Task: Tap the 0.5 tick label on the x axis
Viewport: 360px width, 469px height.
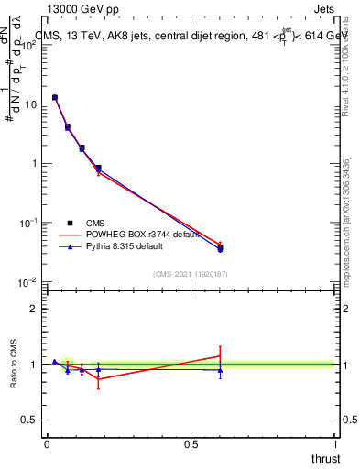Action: pyautogui.click(x=191, y=443)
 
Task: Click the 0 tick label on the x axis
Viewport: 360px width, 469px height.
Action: pyautogui.click(x=47, y=443)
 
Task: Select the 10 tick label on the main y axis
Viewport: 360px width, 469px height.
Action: pyautogui.click(x=29, y=104)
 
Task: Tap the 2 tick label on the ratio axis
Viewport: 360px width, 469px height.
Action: pyautogui.click(x=34, y=309)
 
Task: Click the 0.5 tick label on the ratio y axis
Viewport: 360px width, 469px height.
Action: pyautogui.click(x=29, y=420)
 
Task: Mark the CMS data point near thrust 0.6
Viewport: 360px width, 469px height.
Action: pyautogui.click(x=220, y=248)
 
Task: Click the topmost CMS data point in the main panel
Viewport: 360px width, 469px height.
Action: pyautogui.click(x=55, y=97)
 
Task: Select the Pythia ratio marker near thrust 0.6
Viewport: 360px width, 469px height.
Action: pyautogui.click(x=220, y=370)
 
